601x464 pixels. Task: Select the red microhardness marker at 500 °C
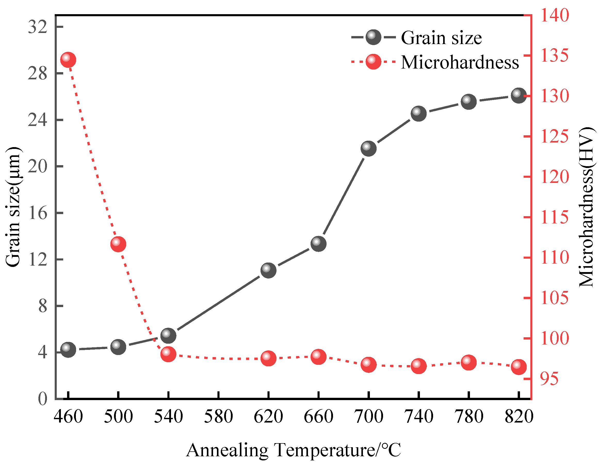(118, 244)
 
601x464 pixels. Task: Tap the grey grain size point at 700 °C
(369, 148)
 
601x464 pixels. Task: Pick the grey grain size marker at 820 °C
(519, 95)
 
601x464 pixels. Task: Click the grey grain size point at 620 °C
(268, 270)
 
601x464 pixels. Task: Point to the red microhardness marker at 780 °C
(469, 362)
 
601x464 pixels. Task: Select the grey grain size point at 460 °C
(68, 349)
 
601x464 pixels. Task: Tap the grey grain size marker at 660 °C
(318, 243)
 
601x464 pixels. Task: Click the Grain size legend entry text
(441, 38)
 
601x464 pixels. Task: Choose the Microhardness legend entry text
(460, 62)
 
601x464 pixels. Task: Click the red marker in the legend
(373, 62)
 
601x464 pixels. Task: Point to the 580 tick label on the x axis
(218, 416)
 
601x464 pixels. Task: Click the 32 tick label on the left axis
(38, 27)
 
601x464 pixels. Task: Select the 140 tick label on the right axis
(555, 15)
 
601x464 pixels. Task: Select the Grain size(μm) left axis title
(13, 206)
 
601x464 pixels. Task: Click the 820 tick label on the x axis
(519, 416)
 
